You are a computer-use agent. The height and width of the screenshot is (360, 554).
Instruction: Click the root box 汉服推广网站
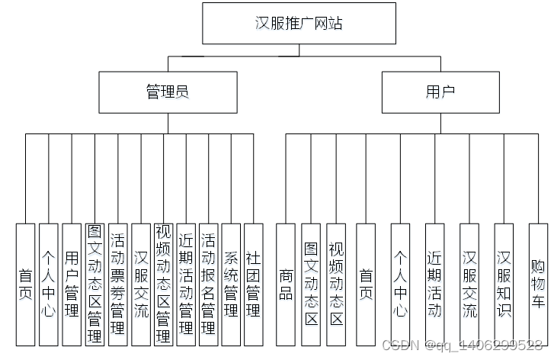(x=299, y=23)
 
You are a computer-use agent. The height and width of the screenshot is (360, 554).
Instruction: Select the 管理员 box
(x=167, y=92)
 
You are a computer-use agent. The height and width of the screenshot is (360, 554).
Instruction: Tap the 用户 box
(x=440, y=92)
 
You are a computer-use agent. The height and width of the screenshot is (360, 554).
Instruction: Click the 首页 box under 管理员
(x=26, y=284)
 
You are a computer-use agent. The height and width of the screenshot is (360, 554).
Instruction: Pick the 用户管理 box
(x=72, y=284)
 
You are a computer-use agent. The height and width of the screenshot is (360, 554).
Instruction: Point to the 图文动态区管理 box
(x=94, y=284)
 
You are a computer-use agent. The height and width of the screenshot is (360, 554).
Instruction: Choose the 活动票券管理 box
(x=117, y=284)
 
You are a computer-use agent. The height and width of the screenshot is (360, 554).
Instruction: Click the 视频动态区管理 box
(x=162, y=284)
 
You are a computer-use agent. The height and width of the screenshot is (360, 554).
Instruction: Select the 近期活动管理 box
(x=185, y=284)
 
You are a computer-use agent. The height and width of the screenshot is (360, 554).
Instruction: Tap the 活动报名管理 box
(x=208, y=284)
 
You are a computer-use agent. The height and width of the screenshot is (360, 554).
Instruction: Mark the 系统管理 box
(x=231, y=284)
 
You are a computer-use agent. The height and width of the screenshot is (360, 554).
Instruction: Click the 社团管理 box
(x=253, y=284)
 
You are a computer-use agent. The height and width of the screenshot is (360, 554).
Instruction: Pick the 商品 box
(x=286, y=284)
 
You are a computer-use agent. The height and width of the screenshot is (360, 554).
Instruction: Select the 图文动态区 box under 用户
(x=311, y=284)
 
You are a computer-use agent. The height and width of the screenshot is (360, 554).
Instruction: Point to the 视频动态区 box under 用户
(x=336, y=284)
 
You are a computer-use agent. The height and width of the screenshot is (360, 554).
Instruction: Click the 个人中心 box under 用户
(x=400, y=284)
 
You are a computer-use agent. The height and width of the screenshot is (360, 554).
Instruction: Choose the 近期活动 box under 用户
(x=434, y=284)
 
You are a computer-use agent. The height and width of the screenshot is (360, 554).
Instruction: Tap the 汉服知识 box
(x=504, y=284)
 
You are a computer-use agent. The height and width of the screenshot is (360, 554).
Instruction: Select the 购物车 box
(x=538, y=284)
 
